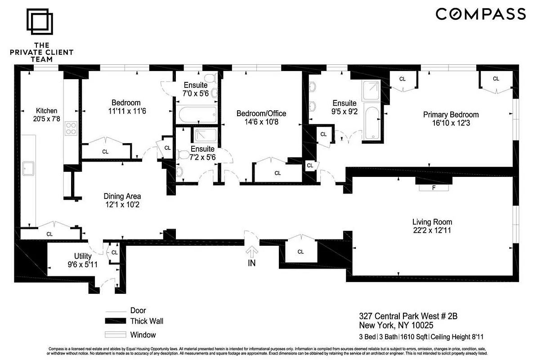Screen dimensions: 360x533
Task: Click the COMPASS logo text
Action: (480, 14)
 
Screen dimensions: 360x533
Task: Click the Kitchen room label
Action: (47, 110)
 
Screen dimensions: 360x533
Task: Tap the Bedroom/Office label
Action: (261, 113)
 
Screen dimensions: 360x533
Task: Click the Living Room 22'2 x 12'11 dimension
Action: (432, 230)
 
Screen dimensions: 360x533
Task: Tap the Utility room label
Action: (83, 256)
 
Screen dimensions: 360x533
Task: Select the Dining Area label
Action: (122, 196)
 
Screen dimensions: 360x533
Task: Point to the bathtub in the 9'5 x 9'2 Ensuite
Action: (372, 122)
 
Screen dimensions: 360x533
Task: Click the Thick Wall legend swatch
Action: (115, 321)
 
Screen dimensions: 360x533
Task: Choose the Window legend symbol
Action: (115, 335)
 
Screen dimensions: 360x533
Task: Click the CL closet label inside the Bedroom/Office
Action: (278, 173)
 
